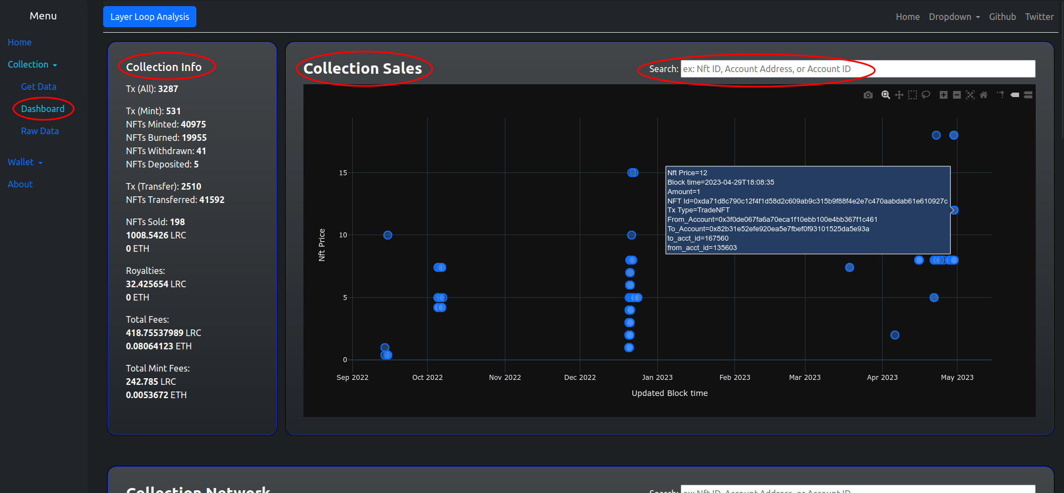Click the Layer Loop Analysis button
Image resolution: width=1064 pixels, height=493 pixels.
coord(149,17)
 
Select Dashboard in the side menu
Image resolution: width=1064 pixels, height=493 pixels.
coord(43,109)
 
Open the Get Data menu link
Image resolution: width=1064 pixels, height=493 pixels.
coord(38,87)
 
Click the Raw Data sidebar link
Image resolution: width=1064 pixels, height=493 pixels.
coord(39,131)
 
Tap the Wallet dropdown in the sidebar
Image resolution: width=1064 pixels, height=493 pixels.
coord(25,162)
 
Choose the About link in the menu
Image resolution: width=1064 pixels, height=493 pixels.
coord(20,184)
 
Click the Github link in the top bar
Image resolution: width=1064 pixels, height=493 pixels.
coord(1002,17)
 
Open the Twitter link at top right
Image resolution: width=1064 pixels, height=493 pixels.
coord(1039,17)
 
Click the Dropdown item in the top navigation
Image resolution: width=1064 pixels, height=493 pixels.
coord(954,17)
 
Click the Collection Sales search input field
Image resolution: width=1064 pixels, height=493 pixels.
coord(857,69)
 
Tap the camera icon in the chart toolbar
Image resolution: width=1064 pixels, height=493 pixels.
coord(868,95)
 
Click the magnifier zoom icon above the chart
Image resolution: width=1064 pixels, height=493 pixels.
coord(886,95)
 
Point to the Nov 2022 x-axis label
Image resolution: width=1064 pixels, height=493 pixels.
coord(505,378)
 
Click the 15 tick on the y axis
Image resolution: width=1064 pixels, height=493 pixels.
coord(343,173)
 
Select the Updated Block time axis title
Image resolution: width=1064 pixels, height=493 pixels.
coord(670,393)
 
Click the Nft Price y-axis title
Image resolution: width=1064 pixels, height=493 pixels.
coord(322,245)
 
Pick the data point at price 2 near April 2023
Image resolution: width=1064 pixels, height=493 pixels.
coord(895,335)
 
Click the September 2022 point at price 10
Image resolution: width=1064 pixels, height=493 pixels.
coord(388,235)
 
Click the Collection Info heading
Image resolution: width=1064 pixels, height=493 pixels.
coord(164,67)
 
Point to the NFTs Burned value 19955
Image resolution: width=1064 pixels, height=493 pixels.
coord(194,138)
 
